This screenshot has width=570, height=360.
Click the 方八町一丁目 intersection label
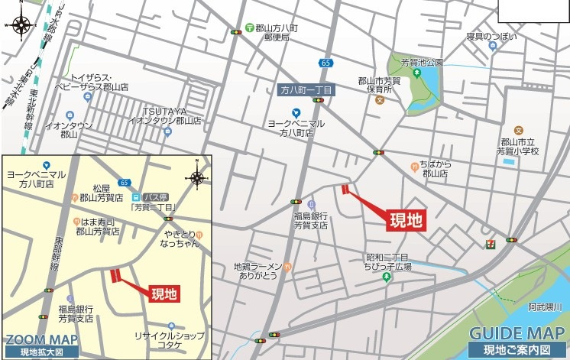coord(306,90)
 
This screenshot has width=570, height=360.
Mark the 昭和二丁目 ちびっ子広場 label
coord(388,262)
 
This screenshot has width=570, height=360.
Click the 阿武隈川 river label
coord(545,307)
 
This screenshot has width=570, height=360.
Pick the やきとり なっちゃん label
coord(181,238)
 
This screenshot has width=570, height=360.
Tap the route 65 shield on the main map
coord(326,63)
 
